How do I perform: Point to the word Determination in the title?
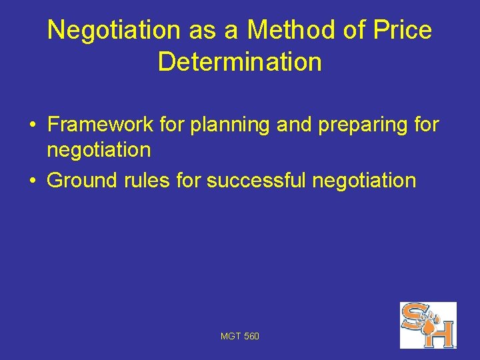[x=240, y=62]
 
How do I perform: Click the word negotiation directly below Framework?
[x=99, y=150]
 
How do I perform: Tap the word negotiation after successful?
[x=365, y=180]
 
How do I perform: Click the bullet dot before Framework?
[x=31, y=125]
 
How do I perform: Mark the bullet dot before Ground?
[x=31, y=181]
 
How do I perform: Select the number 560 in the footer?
[x=252, y=337]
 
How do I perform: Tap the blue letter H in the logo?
[x=441, y=333]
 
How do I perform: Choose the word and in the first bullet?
[x=295, y=125]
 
